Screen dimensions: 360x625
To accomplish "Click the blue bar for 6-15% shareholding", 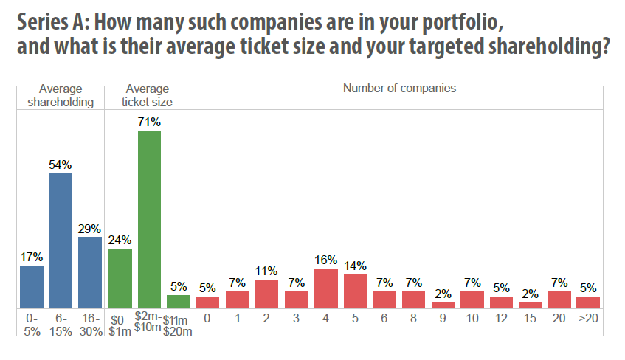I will coord(61,240).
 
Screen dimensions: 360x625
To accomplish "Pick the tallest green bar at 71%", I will coord(149,218).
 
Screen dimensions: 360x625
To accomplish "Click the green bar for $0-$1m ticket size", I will coord(120,278).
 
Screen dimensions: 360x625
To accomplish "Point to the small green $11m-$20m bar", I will coord(179,301).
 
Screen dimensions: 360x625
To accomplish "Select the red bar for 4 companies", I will coord(325,288).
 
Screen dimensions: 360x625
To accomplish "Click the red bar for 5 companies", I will coord(355,291).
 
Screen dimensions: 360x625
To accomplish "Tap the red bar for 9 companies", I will coord(443,305).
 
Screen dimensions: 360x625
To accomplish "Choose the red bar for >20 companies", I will coord(588,302).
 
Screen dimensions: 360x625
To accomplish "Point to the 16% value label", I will coord(325,260).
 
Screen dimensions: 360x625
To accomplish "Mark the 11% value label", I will coord(266,271).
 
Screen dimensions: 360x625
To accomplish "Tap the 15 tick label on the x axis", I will coord(530,318).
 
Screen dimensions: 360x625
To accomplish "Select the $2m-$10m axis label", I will coord(149,323).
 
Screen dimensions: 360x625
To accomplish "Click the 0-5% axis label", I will coord(31,324).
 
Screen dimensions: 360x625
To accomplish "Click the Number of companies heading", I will coord(399,89).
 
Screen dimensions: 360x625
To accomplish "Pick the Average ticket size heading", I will coord(148,95).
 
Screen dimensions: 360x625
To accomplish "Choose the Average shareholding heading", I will coord(61,95).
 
